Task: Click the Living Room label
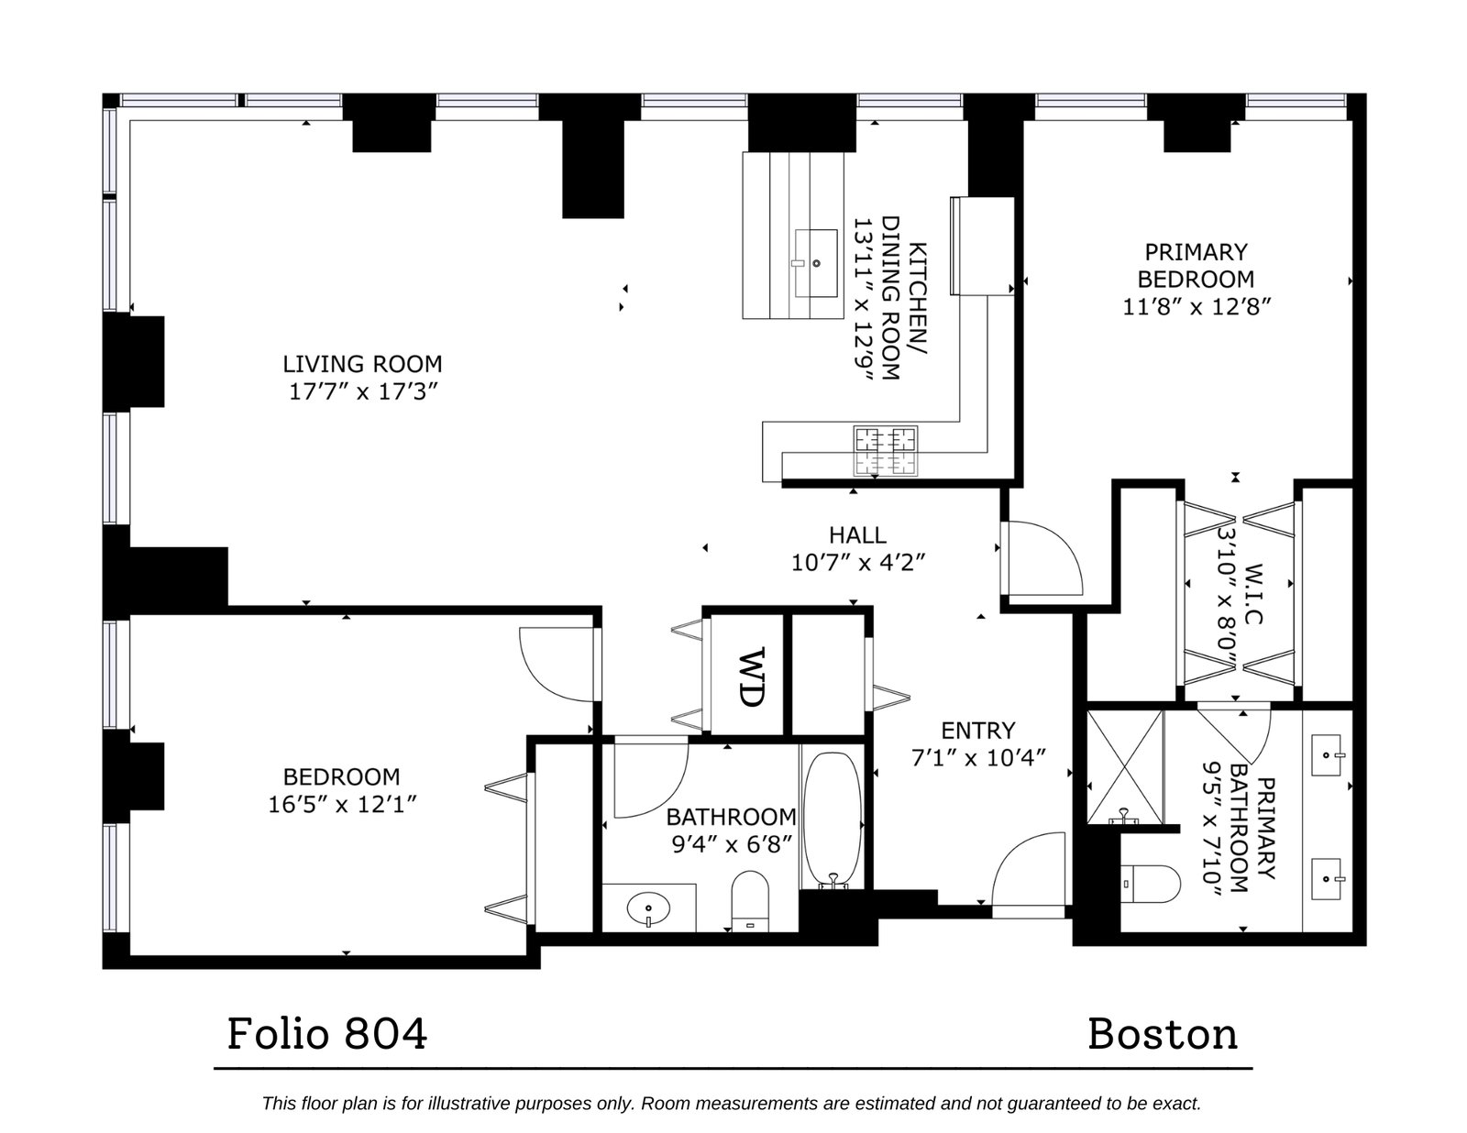[362, 365]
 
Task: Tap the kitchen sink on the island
[815, 263]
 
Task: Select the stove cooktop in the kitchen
[885, 451]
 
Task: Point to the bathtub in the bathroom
[833, 820]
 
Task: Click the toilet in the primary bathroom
[1150, 884]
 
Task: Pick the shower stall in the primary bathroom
[1125, 766]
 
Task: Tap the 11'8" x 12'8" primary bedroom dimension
[1197, 307]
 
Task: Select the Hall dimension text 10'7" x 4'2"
[857, 562]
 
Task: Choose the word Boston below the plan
[1163, 1035]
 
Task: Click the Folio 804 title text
[327, 1034]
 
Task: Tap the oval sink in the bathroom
[648, 907]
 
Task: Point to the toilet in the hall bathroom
[750, 901]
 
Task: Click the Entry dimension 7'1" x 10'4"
[978, 758]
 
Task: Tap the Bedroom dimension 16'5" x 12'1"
[342, 804]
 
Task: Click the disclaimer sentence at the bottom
[732, 1104]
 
